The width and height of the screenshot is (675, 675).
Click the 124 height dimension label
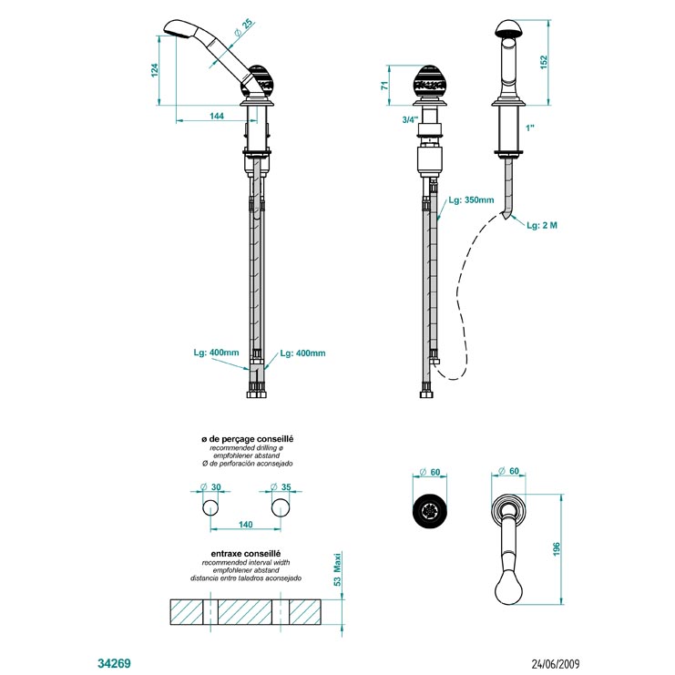155,70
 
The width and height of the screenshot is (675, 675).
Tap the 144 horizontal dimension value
217,116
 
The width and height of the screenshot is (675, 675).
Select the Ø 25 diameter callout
243,27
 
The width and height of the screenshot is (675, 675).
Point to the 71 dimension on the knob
384,85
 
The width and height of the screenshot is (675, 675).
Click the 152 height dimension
544,62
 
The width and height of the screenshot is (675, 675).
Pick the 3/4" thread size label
410,119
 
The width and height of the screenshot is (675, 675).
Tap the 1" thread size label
529,128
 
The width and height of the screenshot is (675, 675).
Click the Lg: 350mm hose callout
471,199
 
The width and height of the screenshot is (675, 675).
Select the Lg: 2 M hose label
542,225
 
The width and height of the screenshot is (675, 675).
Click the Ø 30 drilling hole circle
210,508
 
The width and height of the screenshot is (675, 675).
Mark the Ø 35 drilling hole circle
281,508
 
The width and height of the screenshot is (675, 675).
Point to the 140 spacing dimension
245,525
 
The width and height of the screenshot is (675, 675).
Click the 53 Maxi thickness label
337,569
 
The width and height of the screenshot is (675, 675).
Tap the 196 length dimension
557,549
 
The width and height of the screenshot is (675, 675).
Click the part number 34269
114,663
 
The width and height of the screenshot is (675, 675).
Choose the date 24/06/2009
556,664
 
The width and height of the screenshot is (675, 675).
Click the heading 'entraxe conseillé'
246,554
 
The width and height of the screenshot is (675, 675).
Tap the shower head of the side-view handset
180,29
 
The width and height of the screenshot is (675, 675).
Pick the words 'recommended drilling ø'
246,448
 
